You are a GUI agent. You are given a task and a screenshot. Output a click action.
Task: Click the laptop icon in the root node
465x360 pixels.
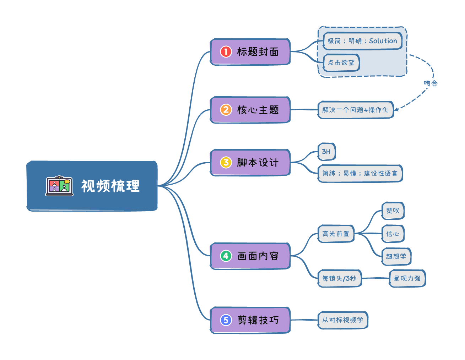[x=59, y=186]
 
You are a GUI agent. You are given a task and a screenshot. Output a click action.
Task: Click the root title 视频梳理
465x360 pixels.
[x=110, y=186]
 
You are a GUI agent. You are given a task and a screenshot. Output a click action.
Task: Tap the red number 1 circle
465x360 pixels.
[x=226, y=52]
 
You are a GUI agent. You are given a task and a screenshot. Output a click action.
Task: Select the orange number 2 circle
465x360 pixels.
[x=226, y=110]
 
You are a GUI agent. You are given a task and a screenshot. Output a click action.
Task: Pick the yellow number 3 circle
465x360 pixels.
[x=226, y=163]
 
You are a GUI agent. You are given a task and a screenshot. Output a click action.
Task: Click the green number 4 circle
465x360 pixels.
[x=226, y=256]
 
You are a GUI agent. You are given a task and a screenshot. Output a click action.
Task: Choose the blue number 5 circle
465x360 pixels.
[x=226, y=320]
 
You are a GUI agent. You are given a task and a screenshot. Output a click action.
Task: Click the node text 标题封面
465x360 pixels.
[x=258, y=52]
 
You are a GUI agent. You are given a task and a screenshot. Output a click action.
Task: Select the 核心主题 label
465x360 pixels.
[x=258, y=110]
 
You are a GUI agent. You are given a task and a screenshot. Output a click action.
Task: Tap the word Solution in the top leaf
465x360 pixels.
[x=383, y=41]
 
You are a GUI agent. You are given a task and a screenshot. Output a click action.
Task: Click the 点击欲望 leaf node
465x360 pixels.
[x=341, y=63]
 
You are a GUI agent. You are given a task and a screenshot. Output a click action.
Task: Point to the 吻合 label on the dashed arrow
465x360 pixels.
[x=431, y=83]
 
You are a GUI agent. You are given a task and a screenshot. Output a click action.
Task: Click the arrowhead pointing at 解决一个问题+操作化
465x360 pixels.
[x=396, y=109]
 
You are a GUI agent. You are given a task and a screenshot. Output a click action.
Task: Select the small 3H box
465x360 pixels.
[x=326, y=152]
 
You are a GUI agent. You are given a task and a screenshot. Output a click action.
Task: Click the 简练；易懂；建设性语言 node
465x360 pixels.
[x=360, y=173]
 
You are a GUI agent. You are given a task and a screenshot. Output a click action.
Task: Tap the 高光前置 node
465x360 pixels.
[x=336, y=234]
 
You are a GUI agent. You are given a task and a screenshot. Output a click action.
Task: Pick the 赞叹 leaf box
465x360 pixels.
[x=393, y=211]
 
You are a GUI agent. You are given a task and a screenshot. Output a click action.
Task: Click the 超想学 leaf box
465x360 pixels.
[x=396, y=256]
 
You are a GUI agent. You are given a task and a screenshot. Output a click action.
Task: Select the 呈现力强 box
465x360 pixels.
[x=407, y=278]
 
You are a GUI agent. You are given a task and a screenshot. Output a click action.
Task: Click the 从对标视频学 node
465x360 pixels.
[x=342, y=320]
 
